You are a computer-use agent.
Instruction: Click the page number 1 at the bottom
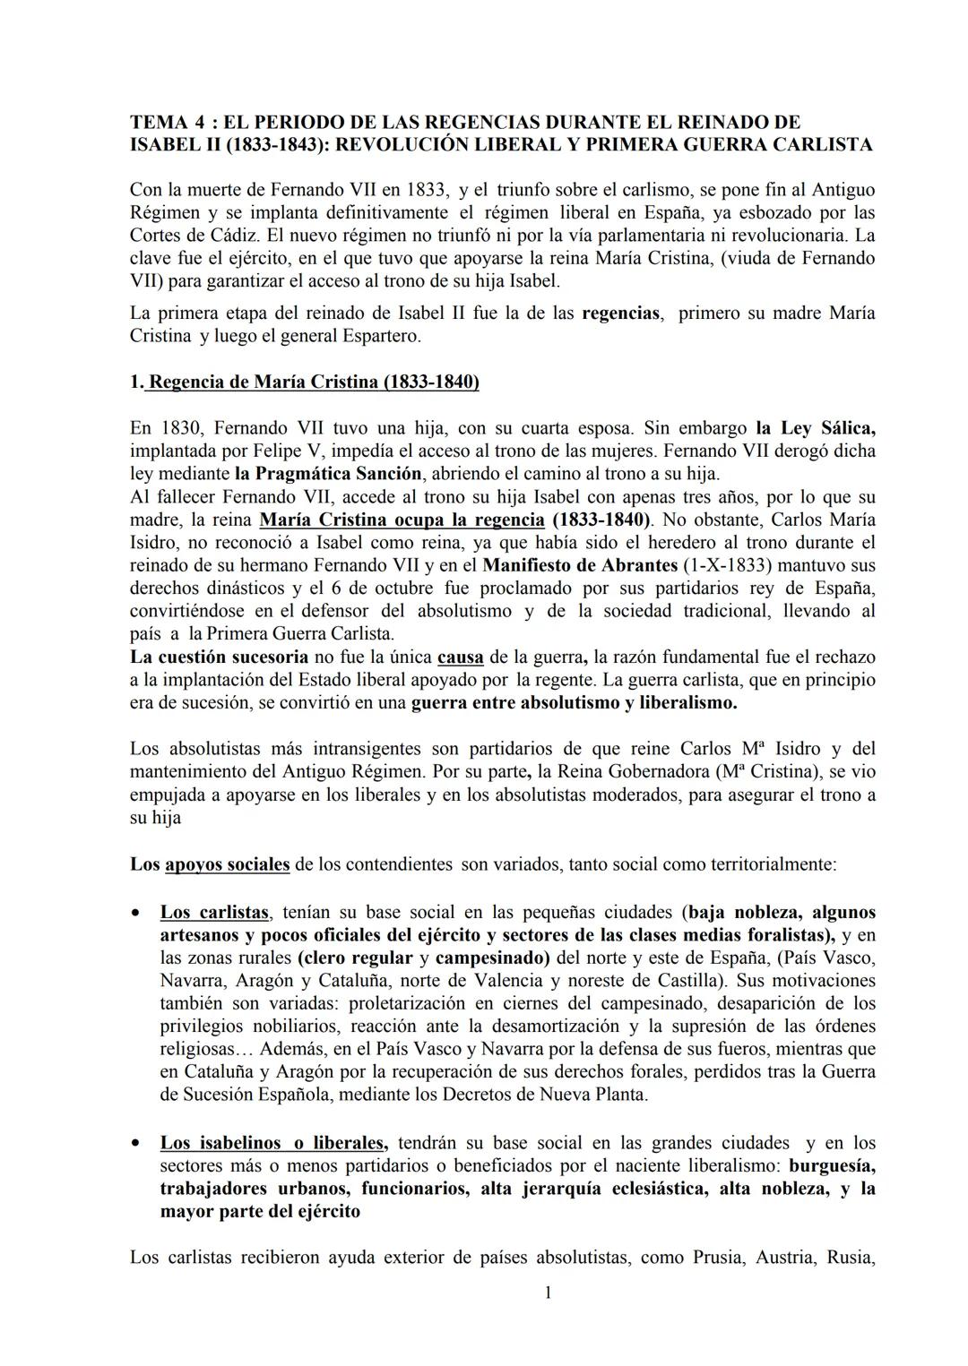[549, 1293]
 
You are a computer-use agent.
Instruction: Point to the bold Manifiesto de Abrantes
[580, 565]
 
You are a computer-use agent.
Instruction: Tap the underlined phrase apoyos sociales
[228, 864]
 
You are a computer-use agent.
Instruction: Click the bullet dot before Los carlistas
[134, 914]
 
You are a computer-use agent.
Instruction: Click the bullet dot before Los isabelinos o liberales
[134, 1144]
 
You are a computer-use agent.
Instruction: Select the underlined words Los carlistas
[214, 912]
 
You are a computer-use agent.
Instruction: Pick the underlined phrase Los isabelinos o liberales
[273, 1143]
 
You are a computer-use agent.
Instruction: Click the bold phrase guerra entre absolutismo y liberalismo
[574, 703]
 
